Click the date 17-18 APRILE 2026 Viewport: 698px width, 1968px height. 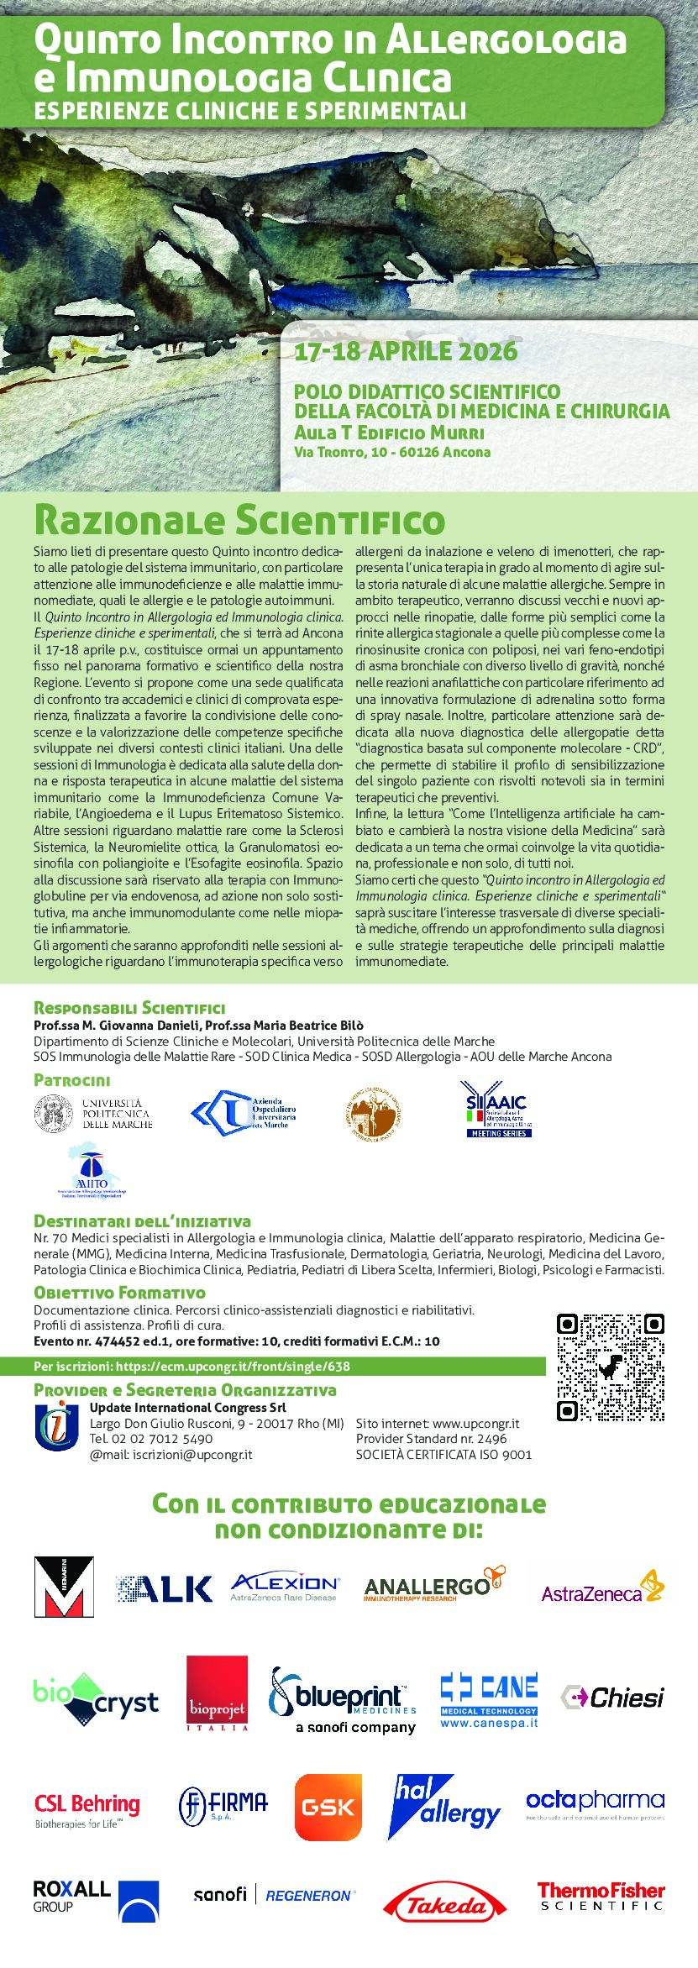(x=406, y=351)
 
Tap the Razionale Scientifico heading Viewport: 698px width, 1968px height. (x=239, y=520)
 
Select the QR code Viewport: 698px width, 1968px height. (x=611, y=1367)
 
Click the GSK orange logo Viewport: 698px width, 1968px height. (x=328, y=1807)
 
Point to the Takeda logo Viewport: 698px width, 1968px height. (x=444, y=1904)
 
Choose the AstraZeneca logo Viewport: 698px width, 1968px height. (x=602, y=1588)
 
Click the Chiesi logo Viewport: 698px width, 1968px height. (x=612, y=1698)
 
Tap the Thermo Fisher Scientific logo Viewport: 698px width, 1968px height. (x=601, y=1897)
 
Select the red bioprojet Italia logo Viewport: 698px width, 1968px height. (x=218, y=1693)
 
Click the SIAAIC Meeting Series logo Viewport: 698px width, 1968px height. (x=498, y=1109)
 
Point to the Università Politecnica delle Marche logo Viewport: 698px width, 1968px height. (x=93, y=1114)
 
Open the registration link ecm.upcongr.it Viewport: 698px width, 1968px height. (x=233, y=1367)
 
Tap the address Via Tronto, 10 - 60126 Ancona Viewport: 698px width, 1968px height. (x=392, y=452)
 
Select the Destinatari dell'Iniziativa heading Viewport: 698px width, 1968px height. (x=142, y=1221)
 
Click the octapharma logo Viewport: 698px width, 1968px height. (x=595, y=1803)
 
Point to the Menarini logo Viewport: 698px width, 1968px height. (x=64, y=1587)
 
